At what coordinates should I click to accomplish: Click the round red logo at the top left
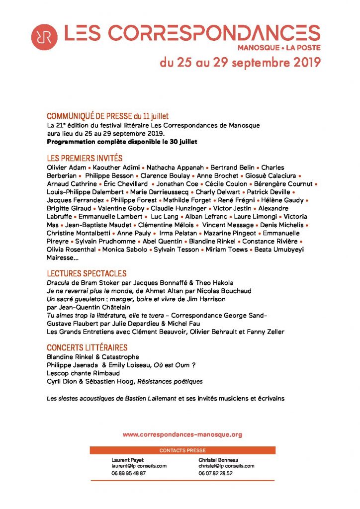point(44,36)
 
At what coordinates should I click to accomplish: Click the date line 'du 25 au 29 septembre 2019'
point(240,63)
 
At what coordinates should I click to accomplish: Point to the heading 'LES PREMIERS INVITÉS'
point(85,159)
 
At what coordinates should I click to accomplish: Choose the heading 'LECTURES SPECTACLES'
point(87,274)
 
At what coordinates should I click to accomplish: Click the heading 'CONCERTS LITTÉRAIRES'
point(87,348)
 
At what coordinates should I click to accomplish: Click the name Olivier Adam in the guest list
point(67,168)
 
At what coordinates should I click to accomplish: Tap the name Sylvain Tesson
point(177,249)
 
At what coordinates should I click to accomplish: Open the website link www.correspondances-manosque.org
point(182,434)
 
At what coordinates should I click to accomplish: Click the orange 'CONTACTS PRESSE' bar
point(182,450)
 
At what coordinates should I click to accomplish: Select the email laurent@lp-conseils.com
point(139,466)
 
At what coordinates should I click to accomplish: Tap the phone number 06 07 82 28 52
point(216,473)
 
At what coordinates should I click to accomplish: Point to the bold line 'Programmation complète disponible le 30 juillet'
point(122,142)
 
